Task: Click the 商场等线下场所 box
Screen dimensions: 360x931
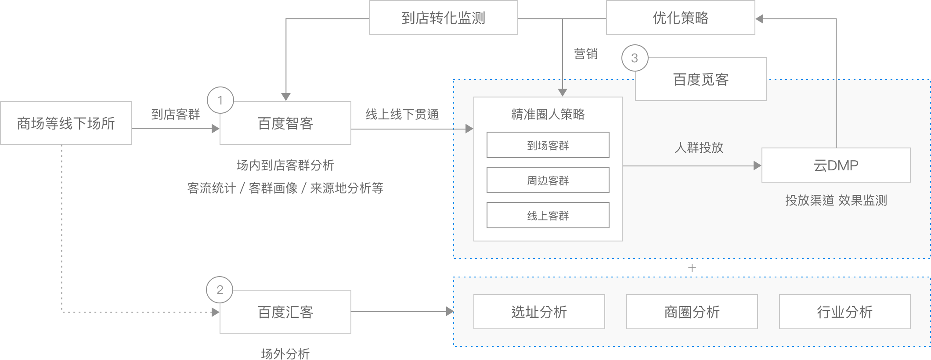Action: [x=66, y=123]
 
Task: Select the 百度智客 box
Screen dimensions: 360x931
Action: [x=285, y=123]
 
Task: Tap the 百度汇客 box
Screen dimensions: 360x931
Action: [x=285, y=312]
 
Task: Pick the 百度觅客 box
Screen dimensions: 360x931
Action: [x=701, y=79]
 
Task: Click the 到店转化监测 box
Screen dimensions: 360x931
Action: [x=443, y=18]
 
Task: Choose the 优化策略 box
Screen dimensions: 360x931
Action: [x=680, y=18]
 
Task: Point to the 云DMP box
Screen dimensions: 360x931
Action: [x=836, y=166]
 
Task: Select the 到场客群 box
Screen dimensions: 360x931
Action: [x=548, y=145]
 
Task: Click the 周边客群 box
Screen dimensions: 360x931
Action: [x=548, y=180]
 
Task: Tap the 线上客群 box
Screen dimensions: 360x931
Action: [x=548, y=216]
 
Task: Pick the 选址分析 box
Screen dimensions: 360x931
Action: [x=539, y=312]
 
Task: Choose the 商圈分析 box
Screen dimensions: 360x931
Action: [x=692, y=312]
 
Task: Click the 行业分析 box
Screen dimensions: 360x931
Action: [x=844, y=312]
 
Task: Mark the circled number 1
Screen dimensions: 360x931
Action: [x=220, y=101]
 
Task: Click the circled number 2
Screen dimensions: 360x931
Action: [x=220, y=290]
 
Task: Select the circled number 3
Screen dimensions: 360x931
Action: [x=635, y=58]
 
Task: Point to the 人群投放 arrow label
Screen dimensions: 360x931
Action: [x=699, y=148]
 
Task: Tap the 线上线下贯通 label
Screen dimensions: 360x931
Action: [x=402, y=115]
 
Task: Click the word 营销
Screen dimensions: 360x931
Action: [x=585, y=54]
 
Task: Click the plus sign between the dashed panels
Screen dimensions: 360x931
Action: [x=692, y=268]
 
